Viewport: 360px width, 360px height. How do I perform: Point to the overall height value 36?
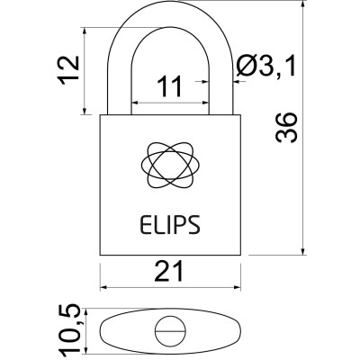287,132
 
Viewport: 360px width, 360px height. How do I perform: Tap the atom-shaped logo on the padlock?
170,161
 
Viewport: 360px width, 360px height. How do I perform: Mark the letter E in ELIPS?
145,222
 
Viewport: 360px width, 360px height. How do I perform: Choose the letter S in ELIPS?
195,222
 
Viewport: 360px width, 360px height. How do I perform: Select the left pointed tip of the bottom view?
101,332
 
